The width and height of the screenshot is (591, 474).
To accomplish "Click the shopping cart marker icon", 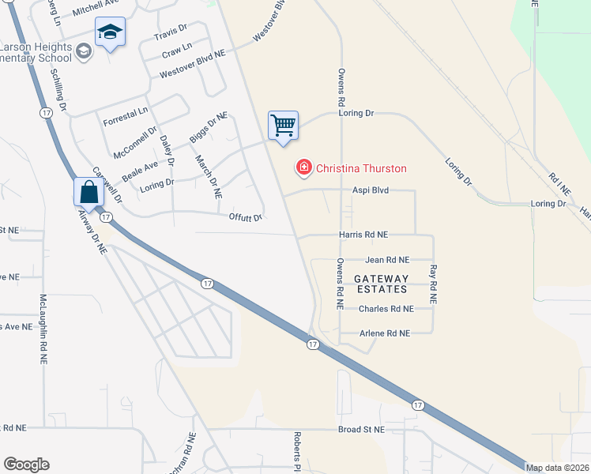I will click(283, 126).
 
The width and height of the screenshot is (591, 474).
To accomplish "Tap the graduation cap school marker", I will click(110, 32).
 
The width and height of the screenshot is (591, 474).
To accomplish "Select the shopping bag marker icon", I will click(88, 193).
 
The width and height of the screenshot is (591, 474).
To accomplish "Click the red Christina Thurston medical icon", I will click(303, 167).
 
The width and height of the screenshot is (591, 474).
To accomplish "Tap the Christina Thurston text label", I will click(361, 168).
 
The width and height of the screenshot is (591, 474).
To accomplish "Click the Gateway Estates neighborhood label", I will click(381, 284).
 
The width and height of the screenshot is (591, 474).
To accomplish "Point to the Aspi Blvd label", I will click(371, 190).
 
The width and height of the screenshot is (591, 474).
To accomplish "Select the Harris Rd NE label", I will click(363, 235).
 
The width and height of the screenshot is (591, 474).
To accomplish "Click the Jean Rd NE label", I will click(387, 259).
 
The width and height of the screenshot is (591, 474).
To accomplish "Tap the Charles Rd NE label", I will click(386, 309).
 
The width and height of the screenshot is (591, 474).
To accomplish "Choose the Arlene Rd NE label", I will click(384, 333).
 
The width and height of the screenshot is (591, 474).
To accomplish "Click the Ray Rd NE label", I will click(433, 285).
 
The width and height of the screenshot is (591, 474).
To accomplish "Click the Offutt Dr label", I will click(245, 217).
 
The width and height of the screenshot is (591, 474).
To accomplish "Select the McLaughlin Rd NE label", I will click(43, 329).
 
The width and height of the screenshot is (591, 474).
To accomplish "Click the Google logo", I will click(26, 465).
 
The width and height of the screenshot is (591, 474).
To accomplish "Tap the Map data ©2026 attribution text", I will click(558, 468).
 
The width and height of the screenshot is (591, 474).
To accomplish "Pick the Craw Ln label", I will click(177, 55).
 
